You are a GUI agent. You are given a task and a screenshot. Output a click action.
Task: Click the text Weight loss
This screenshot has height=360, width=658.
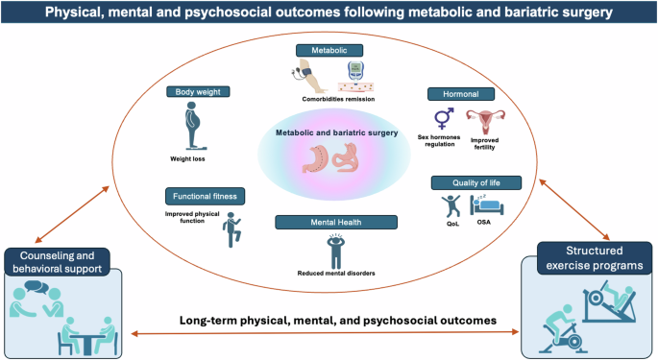(x=193, y=158)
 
